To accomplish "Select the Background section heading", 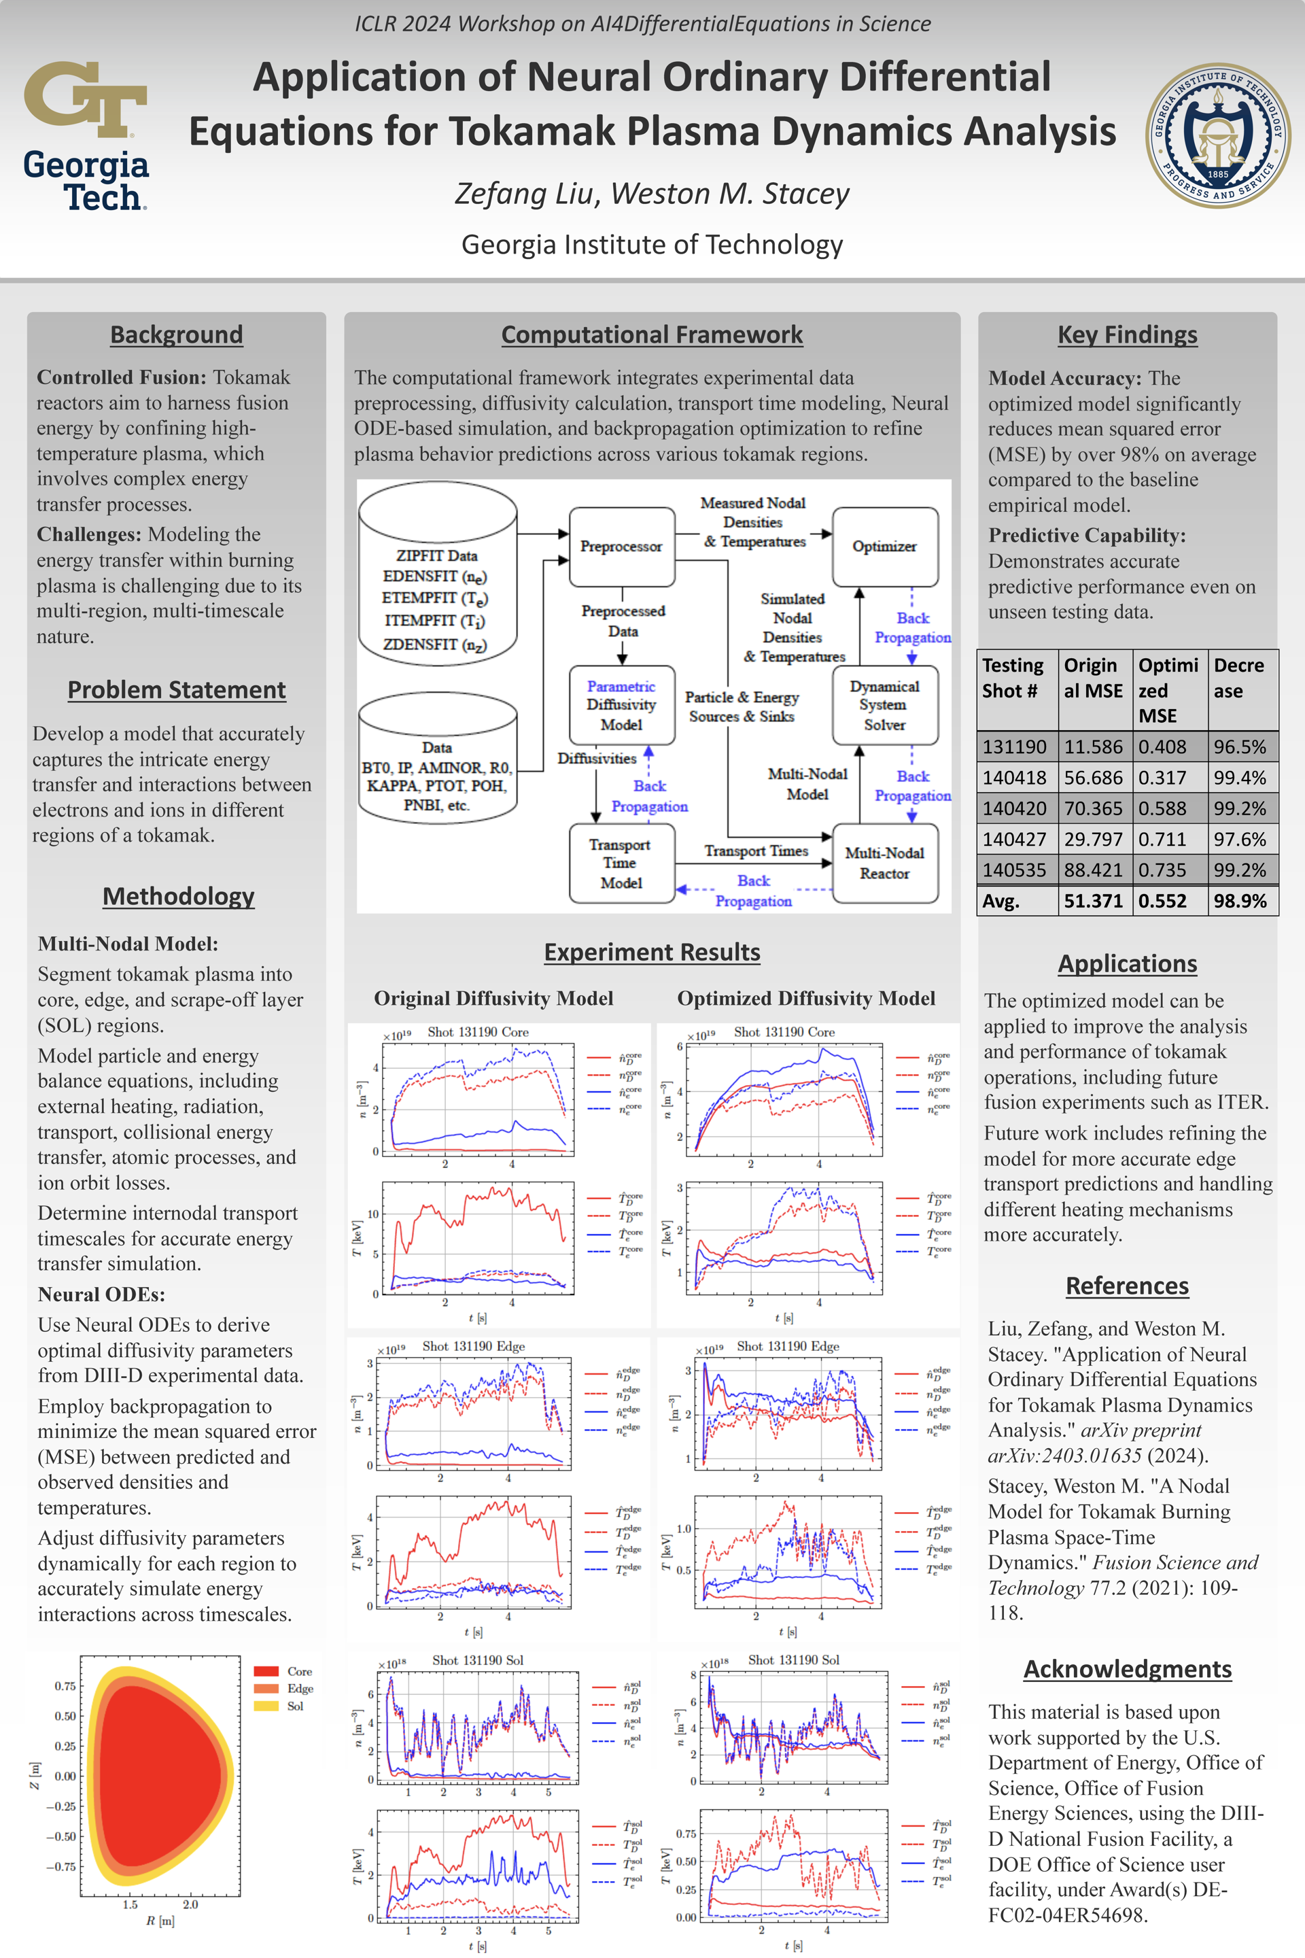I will [x=177, y=334].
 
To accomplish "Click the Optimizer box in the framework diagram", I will [x=885, y=546].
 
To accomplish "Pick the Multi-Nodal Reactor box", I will [x=885, y=863].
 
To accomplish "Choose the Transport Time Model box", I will [x=621, y=863].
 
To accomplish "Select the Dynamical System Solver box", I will [x=885, y=704].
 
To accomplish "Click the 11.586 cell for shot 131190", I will [x=1094, y=746].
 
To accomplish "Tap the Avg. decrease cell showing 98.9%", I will [x=1240, y=901].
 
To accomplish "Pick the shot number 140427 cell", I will [x=1015, y=839].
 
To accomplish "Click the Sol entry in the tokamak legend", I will [x=296, y=1706].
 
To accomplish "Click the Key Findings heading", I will [x=1127, y=334].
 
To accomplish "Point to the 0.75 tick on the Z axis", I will [x=65, y=1686].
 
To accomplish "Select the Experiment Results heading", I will [x=652, y=952].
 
